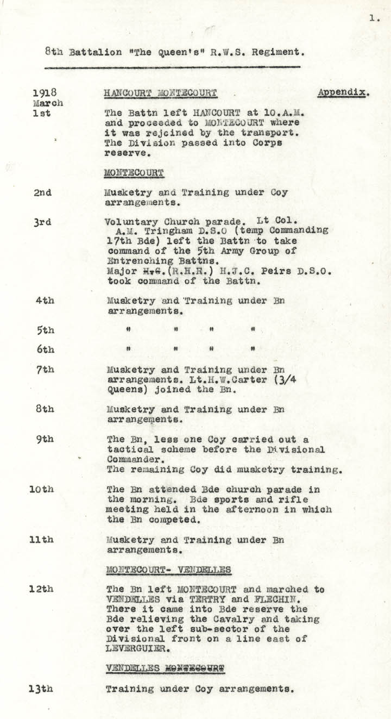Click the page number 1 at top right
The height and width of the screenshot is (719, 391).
pos(374,18)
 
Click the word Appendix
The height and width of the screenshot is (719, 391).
pos(343,92)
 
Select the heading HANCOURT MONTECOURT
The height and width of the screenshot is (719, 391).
pos(160,93)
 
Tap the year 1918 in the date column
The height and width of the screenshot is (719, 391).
pos(45,92)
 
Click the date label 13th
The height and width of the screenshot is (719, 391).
pos(41,689)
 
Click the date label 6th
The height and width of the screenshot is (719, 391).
pos(45,349)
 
